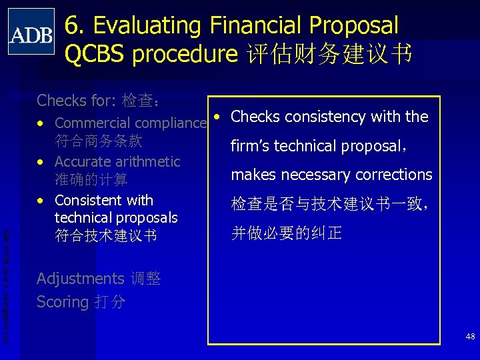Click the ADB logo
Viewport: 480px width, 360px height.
click(31, 31)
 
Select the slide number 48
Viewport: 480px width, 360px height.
click(470, 337)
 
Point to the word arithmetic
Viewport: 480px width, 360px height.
click(148, 162)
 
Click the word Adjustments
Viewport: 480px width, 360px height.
click(80, 279)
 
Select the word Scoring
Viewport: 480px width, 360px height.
click(63, 302)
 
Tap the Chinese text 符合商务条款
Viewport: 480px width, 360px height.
click(98, 141)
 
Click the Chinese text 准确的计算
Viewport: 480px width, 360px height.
click(91, 180)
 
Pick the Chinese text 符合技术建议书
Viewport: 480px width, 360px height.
click(105, 235)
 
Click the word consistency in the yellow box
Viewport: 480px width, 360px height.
click(326, 117)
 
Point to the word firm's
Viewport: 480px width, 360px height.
click(252, 145)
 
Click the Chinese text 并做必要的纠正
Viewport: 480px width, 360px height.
click(286, 233)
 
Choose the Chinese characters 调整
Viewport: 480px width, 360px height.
click(145, 279)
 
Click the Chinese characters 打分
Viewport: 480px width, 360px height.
click(109, 302)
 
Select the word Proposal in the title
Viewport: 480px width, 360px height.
click(351, 26)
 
